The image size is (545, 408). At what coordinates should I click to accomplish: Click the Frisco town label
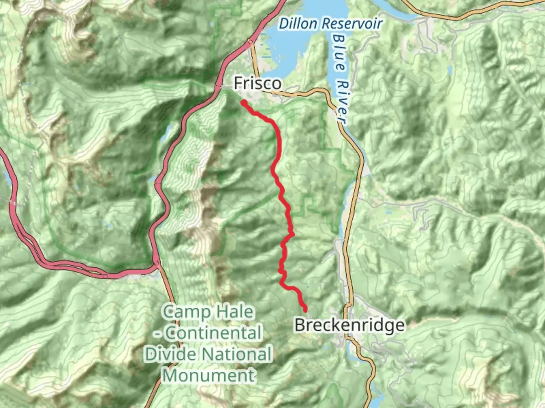[x=258, y=83]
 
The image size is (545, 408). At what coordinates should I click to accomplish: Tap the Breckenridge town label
[x=349, y=325]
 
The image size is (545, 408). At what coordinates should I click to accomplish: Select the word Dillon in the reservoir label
[x=298, y=24]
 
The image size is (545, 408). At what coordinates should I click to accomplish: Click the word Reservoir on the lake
[x=352, y=24]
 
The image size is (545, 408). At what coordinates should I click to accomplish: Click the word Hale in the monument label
[x=235, y=312]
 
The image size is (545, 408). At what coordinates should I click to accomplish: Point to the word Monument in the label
[x=209, y=376]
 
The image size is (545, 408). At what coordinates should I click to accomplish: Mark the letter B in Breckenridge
[x=300, y=325]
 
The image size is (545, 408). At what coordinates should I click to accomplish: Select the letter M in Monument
[x=171, y=376]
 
